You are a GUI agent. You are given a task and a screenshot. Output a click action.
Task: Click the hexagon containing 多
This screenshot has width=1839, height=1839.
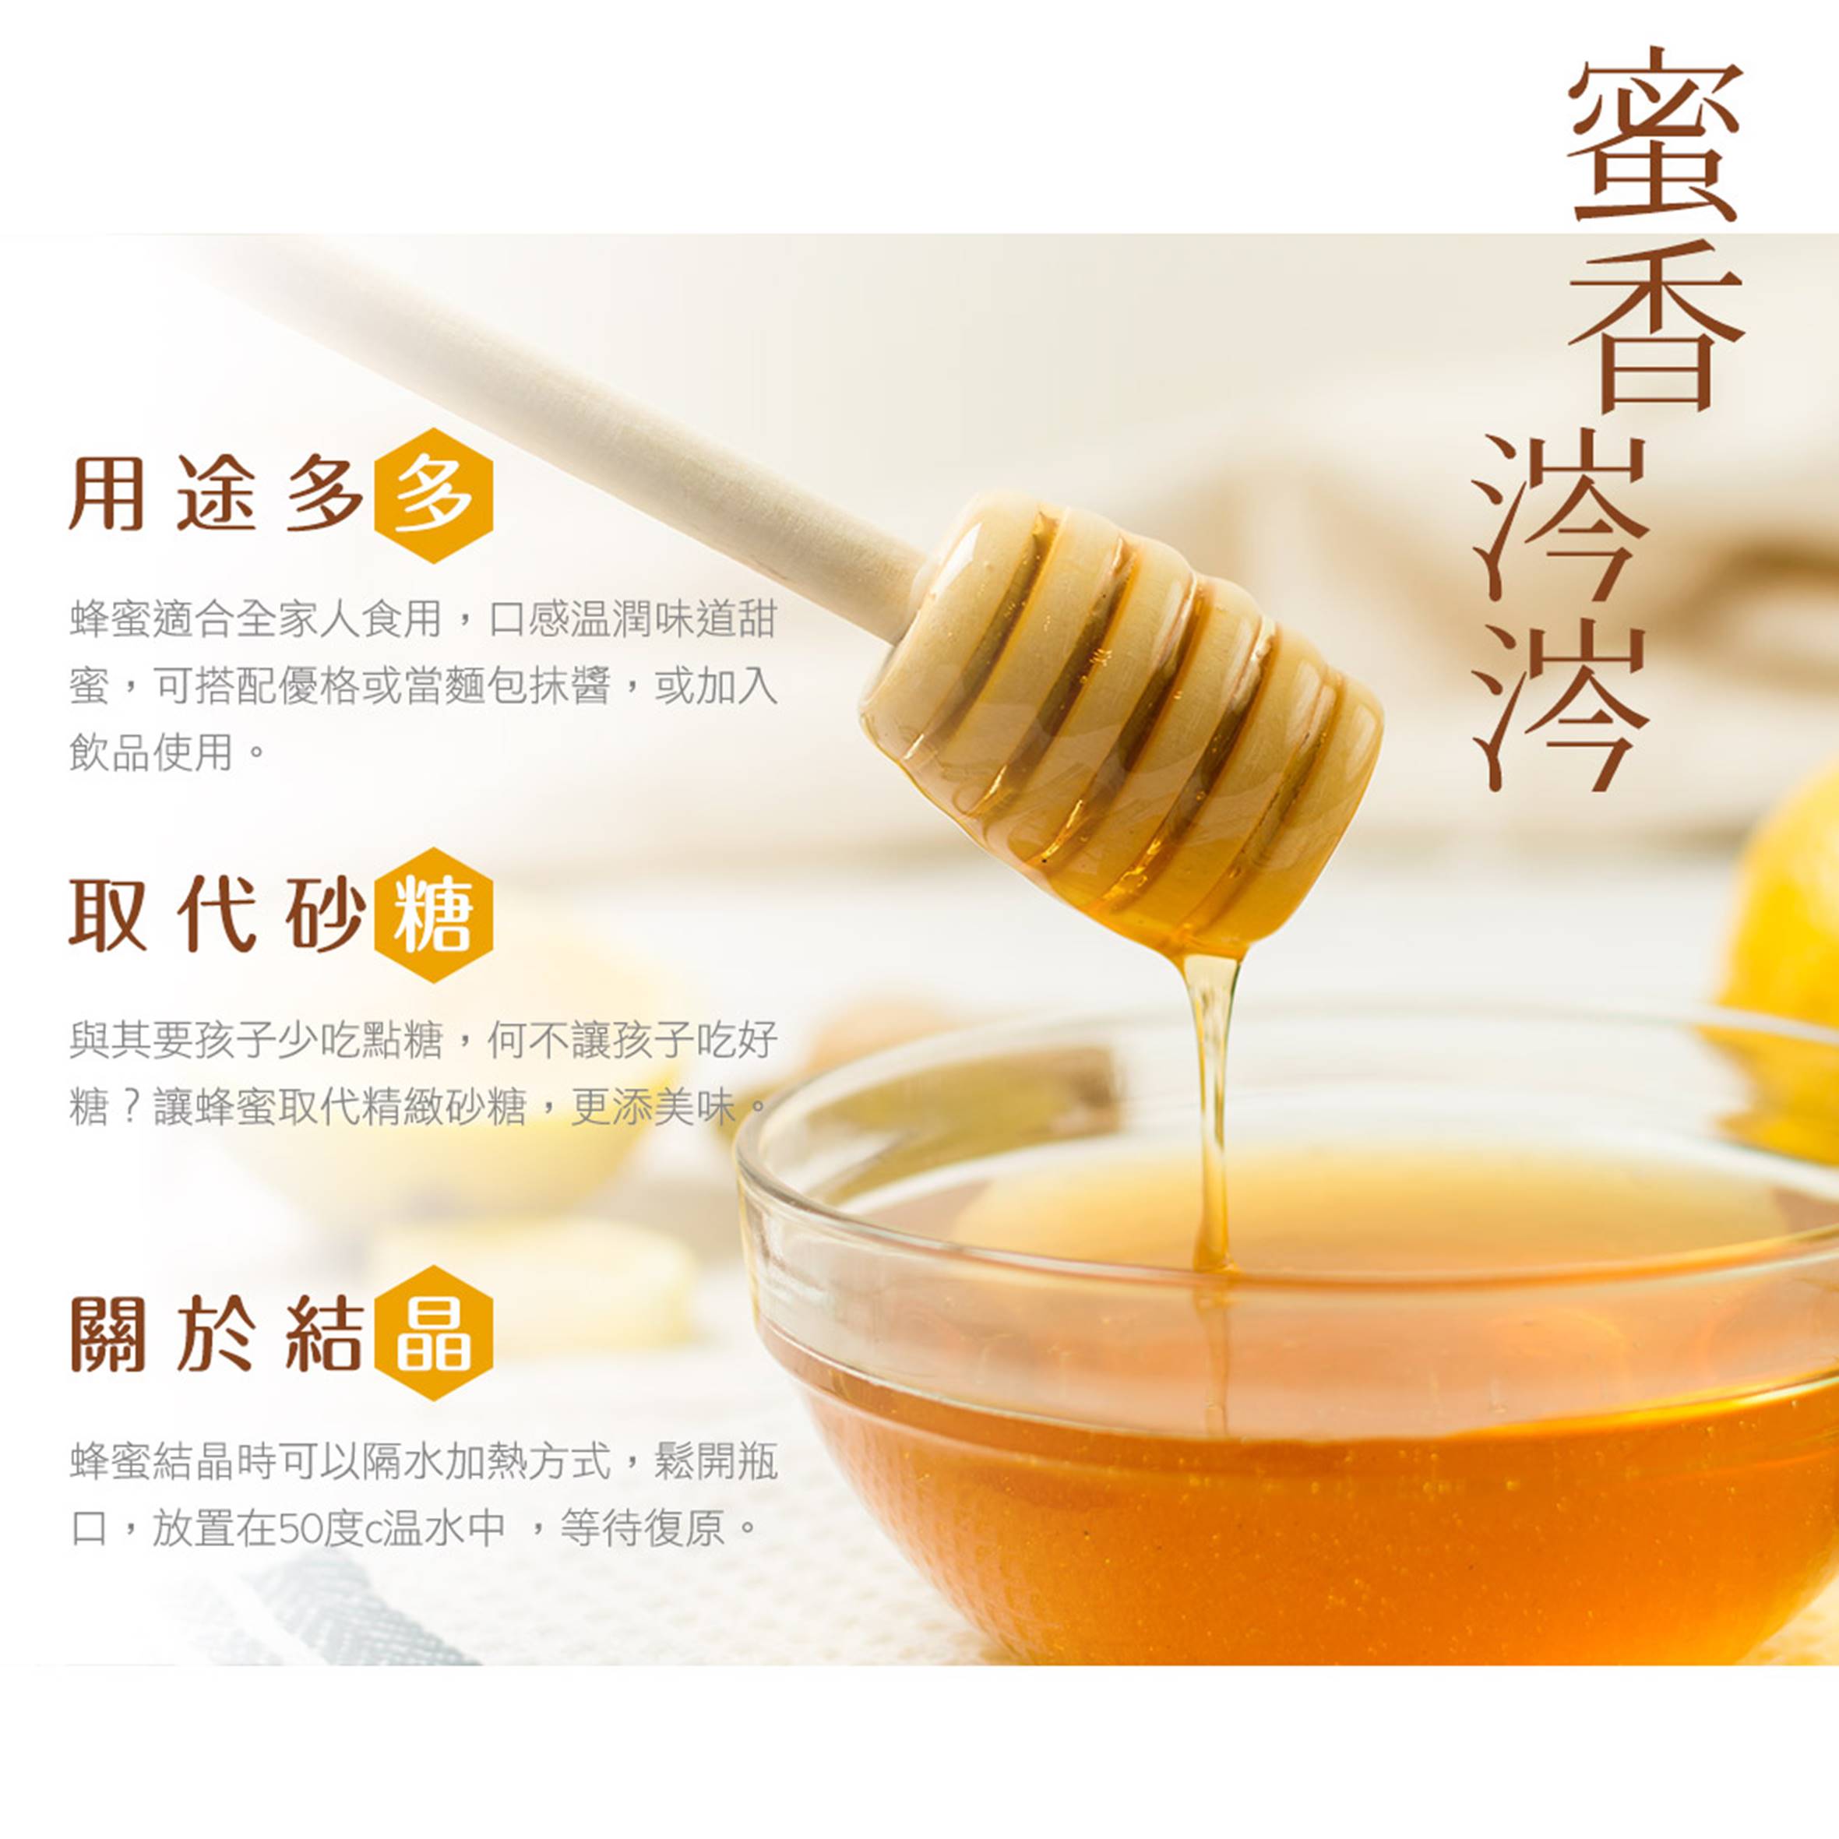433,495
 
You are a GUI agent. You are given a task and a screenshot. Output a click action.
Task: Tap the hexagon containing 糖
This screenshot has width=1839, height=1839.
433,914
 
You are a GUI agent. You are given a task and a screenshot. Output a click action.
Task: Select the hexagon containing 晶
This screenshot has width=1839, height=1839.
433,1333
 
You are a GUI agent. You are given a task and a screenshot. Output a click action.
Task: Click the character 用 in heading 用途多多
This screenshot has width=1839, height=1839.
107,495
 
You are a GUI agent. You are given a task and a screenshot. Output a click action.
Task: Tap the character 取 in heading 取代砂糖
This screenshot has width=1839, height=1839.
107,914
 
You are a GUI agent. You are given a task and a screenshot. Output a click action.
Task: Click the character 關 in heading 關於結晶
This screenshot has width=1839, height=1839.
107,1333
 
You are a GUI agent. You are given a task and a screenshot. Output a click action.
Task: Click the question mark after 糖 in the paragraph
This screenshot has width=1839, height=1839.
132,1107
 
